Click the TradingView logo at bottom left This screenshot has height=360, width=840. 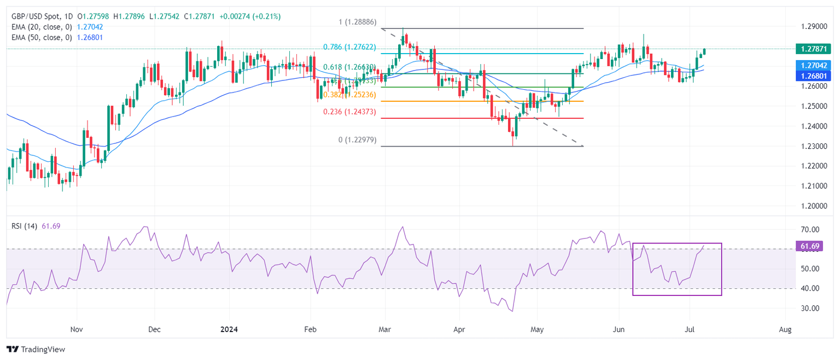36,349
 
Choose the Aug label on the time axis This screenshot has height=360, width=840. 785,329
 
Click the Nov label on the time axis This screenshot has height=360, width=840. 77,329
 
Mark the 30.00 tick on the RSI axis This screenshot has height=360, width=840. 809,308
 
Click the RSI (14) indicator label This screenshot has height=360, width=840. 24,226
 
